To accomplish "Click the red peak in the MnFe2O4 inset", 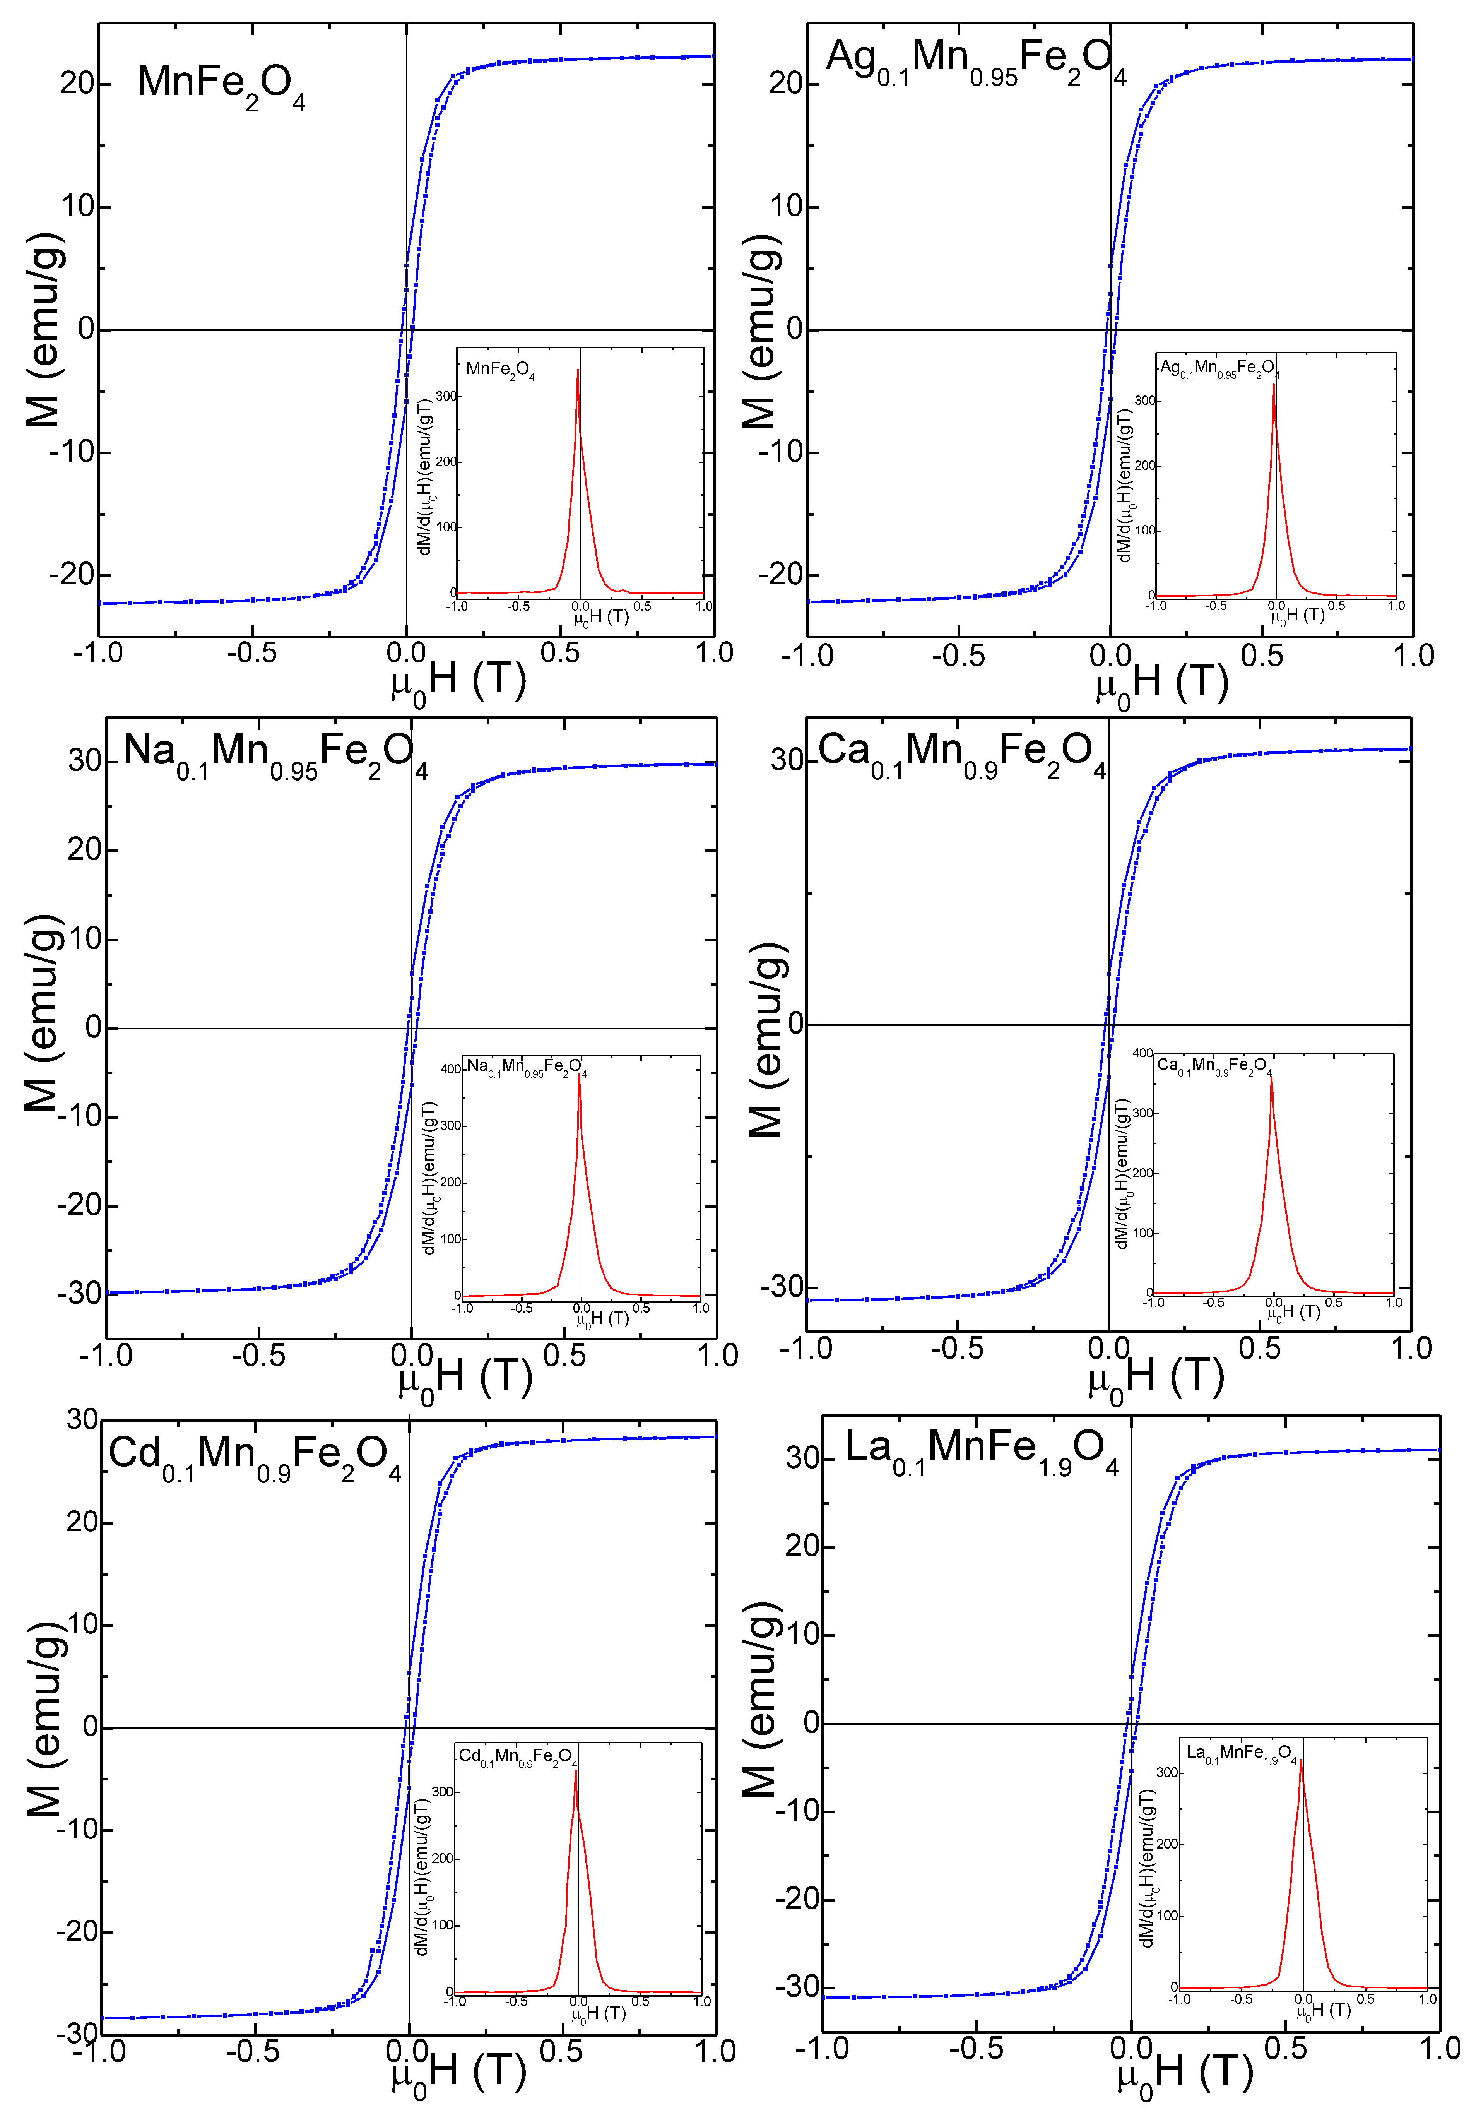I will pyautogui.click(x=578, y=372).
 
